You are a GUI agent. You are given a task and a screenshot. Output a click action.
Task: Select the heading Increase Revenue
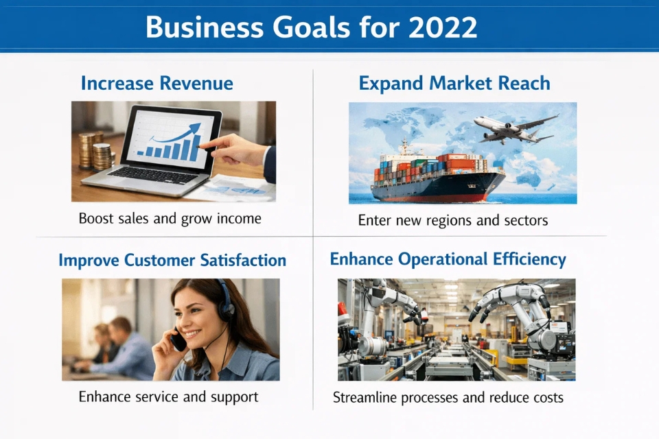tap(157, 83)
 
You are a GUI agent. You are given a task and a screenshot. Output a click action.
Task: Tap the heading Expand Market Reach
tap(454, 83)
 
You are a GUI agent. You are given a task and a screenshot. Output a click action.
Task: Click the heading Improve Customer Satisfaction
tap(172, 260)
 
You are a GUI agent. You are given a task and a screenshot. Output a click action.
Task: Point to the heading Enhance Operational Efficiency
tap(448, 259)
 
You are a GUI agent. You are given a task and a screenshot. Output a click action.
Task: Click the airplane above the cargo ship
tap(516, 128)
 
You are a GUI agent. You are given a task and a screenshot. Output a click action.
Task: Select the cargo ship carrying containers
tap(437, 176)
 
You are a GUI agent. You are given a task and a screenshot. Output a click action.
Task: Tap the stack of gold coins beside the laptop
tap(97, 151)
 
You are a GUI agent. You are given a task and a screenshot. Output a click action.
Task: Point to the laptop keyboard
tap(153, 174)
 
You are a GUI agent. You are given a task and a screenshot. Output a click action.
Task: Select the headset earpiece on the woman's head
tap(227, 309)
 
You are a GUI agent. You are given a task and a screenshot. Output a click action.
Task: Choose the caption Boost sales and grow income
tap(170, 219)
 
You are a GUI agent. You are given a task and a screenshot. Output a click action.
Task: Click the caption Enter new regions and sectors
tap(453, 220)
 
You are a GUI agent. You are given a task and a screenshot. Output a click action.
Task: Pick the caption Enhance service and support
tap(169, 397)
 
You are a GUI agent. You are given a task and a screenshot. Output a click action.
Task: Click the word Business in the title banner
tap(205, 27)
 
